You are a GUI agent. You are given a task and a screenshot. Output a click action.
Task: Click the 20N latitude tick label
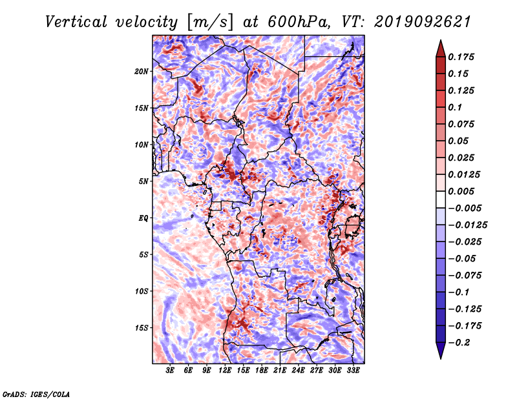(x=142, y=72)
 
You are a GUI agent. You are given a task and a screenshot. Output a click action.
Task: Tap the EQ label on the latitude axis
(x=143, y=218)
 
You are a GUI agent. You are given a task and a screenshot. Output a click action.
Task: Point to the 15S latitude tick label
(x=142, y=328)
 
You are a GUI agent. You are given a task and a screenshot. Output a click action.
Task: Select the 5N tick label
(x=143, y=181)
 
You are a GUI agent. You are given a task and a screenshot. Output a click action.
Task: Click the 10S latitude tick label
(x=142, y=291)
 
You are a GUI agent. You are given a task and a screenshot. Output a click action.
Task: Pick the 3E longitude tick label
(x=170, y=371)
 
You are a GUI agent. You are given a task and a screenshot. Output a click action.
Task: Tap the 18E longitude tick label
(x=262, y=371)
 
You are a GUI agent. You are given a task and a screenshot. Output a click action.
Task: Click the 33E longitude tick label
(x=353, y=371)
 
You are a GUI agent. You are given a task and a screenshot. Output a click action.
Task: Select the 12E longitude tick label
(x=225, y=371)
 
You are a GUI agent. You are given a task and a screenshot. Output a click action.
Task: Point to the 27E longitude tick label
(x=317, y=371)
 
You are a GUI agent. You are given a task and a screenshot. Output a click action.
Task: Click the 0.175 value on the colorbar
(x=461, y=57)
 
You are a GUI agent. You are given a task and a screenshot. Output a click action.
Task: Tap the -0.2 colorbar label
(x=459, y=343)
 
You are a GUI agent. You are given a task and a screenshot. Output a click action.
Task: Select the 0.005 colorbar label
(x=461, y=191)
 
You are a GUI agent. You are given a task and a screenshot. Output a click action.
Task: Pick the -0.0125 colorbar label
(x=467, y=225)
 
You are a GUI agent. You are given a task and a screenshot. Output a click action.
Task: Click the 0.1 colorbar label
(x=455, y=107)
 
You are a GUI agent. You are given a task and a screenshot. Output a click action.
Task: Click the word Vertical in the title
(x=76, y=22)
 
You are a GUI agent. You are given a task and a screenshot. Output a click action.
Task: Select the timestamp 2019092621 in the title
(x=423, y=22)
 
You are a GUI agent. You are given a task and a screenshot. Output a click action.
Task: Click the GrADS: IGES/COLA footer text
(x=36, y=394)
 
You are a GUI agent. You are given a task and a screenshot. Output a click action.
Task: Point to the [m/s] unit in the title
(x=210, y=22)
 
